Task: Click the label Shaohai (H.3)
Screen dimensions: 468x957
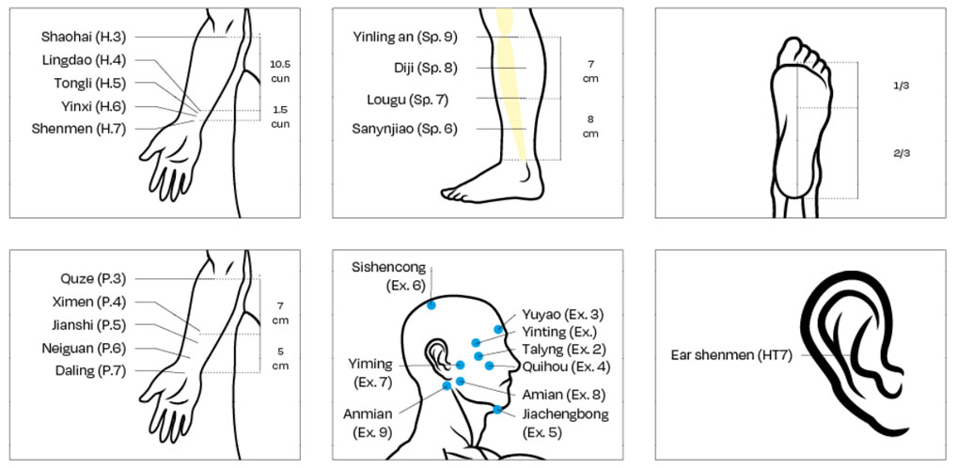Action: tap(83, 37)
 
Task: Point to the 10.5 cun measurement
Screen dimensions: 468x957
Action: tap(280, 70)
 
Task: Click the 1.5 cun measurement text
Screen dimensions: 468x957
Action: tap(280, 117)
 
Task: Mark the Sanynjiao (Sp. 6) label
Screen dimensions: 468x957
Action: tap(404, 129)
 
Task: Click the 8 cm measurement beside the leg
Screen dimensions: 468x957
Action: tap(590, 127)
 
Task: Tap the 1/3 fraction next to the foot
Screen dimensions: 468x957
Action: tap(901, 86)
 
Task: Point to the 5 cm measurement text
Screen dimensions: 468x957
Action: tap(280, 359)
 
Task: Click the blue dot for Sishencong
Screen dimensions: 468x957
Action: tap(431, 304)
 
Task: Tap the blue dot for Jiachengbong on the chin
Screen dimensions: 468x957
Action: tap(497, 409)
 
